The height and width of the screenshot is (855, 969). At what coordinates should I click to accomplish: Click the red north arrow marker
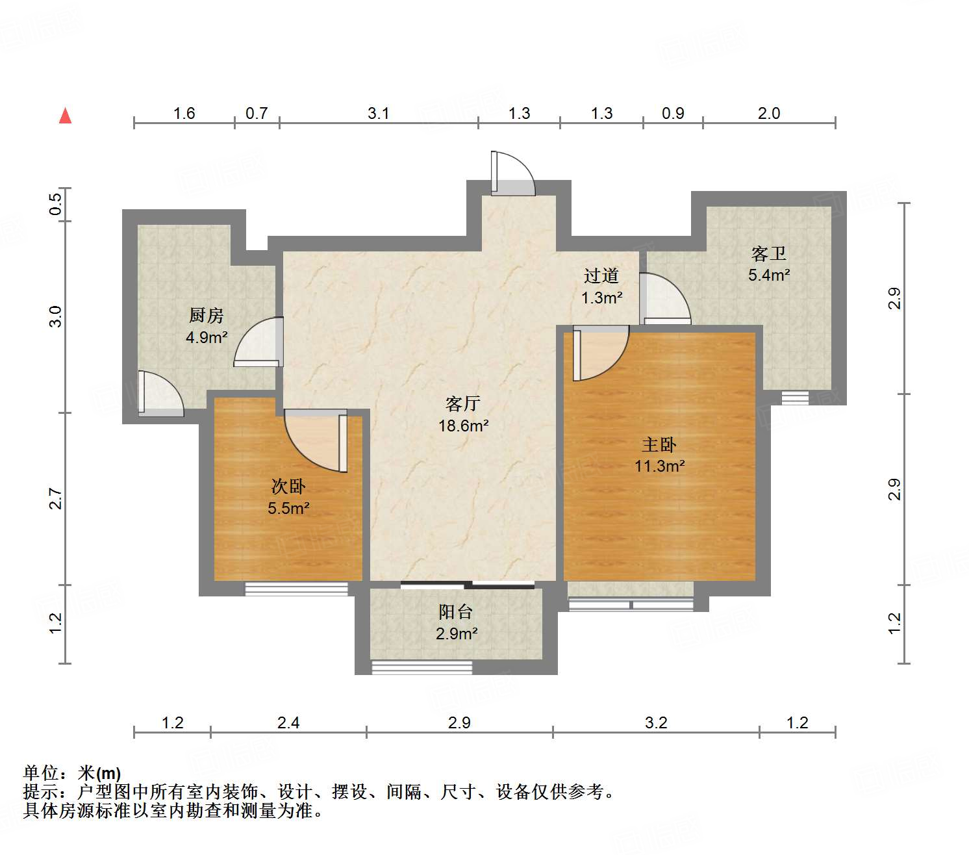pyautogui.click(x=65, y=116)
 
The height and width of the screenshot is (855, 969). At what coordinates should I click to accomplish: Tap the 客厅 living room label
pyautogui.click(x=462, y=403)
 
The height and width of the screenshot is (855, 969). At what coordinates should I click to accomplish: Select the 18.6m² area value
pyautogui.click(x=462, y=426)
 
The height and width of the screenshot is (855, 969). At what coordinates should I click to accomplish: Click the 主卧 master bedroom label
pyautogui.click(x=659, y=445)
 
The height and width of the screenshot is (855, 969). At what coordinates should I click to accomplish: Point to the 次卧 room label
pyautogui.click(x=288, y=486)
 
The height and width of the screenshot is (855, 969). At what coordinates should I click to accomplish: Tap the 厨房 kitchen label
pyautogui.click(x=207, y=316)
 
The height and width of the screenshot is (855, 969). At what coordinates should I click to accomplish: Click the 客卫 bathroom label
pyautogui.click(x=768, y=253)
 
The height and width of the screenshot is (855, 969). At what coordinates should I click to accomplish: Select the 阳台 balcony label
pyautogui.click(x=455, y=611)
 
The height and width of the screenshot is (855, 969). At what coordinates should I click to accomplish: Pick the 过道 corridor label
pyautogui.click(x=601, y=276)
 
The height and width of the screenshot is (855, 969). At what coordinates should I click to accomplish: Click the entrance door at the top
pyautogui.click(x=512, y=174)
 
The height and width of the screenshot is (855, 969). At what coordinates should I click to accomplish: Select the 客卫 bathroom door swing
pyautogui.click(x=664, y=299)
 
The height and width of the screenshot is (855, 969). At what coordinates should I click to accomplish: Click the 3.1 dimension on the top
pyautogui.click(x=378, y=114)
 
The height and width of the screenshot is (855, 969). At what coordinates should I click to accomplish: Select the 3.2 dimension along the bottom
pyautogui.click(x=656, y=722)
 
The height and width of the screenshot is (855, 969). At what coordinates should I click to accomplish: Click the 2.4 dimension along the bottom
pyautogui.click(x=288, y=722)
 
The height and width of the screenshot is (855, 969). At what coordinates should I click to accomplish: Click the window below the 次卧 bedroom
pyautogui.click(x=296, y=589)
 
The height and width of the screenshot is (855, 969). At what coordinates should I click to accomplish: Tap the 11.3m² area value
pyautogui.click(x=659, y=466)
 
